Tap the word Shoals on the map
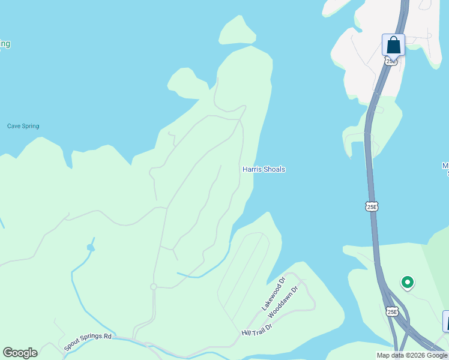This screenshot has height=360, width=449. point(274,169)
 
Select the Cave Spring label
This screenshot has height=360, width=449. point(23,126)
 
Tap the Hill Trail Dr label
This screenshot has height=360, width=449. point(257,328)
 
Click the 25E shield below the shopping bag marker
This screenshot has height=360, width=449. point(391,61)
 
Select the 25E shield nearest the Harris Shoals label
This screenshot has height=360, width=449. point(372,206)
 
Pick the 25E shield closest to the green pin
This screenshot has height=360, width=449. point(392,311)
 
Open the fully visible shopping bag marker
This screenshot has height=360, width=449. point(393,45)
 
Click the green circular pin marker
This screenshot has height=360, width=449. point(408,281)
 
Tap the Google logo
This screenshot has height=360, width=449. point(20,353)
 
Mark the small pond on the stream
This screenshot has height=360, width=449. point(91,247)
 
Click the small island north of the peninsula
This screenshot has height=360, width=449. point(238,30)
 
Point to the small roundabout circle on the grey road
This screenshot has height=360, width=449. point(153,287)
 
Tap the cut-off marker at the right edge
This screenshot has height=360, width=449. point(446,321)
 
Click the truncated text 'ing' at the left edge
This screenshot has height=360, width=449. point(4,44)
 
